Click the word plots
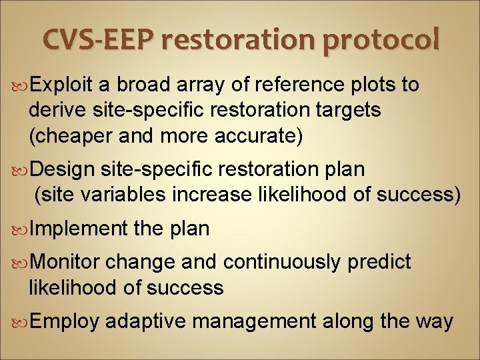click(x=366, y=85)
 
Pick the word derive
click(x=56, y=111)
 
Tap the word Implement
click(x=78, y=229)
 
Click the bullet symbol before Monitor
click(x=21, y=263)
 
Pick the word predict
click(x=379, y=263)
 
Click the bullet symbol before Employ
click(x=21, y=322)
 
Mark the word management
click(x=251, y=322)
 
